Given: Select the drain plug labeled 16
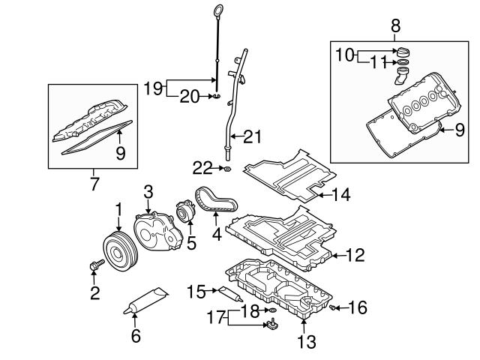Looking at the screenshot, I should coord(333,307).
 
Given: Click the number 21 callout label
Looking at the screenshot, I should coord(253,136).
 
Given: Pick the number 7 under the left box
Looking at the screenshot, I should coord(94,183).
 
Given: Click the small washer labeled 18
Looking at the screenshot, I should coord(272,310).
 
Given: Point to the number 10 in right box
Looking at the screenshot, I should coord(343,54).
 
